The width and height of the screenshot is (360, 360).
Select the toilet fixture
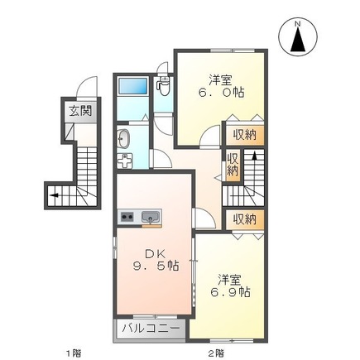[x=162, y=85]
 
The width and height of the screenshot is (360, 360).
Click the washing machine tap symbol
[x=127, y=160]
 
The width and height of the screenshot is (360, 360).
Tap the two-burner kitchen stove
[x=127, y=217]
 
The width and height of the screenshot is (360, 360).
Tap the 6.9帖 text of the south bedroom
[x=230, y=292]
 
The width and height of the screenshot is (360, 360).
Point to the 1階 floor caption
[x=73, y=353]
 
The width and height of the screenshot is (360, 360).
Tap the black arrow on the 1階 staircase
[x=55, y=195]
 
